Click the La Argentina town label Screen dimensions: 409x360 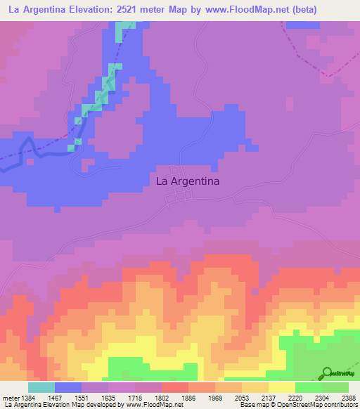[187, 181]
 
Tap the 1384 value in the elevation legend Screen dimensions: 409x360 [28, 398]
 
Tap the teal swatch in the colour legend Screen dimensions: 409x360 [41, 387]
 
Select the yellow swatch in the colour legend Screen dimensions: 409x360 [281, 387]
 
